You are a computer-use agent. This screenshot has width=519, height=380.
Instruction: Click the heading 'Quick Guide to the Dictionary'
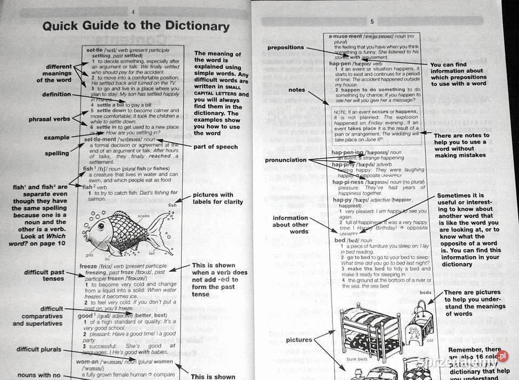(x=136, y=26)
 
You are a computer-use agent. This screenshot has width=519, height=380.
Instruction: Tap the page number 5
(x=372, y=22)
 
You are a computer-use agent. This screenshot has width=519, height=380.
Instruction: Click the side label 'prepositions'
(x=285, y=48)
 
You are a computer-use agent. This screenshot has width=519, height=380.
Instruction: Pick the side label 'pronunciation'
(x=286, y=160)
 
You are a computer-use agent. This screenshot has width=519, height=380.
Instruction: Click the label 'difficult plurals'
(x=39, y=349)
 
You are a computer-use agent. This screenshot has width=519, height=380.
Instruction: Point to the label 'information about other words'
(x=290, y=225)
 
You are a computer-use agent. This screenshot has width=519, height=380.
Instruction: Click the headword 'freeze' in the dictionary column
(x=89, y=266)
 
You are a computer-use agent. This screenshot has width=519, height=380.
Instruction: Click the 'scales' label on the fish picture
(x=143, y=215)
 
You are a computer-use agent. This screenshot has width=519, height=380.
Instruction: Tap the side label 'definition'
(x=57, y=94)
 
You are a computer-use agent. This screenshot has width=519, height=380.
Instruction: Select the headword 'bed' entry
(x=340, y=240)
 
